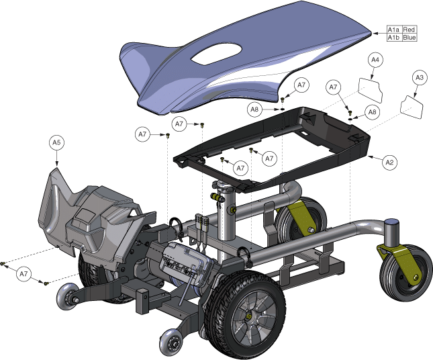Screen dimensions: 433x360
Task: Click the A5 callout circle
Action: click(56, 142)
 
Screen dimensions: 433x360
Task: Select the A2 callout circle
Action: click(389, 162)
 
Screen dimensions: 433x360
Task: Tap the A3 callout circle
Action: click(420, 78)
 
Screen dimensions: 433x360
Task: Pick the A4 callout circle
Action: click(375, 60)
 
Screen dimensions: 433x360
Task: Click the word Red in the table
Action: click(409, 30)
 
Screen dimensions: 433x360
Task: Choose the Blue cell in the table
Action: click(410, 38)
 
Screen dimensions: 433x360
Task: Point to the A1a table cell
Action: click(393, 30)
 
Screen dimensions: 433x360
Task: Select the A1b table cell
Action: click(393, 38)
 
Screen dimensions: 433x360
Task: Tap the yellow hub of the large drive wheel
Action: click(249, 316)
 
